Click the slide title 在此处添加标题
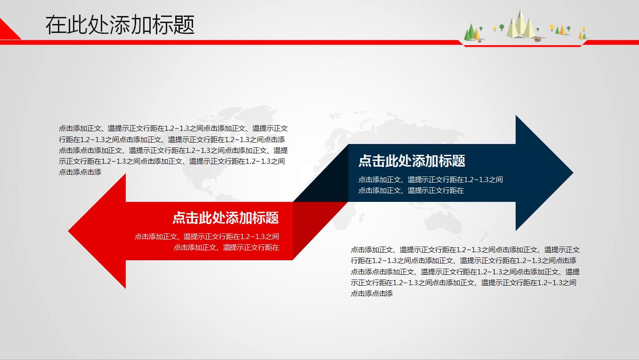click(x=120, y=25)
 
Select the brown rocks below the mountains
click(x=537, y=40)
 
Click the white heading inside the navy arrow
click(x=412, y=161)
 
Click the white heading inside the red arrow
click(x=226, y=218)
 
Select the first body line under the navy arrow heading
click(x=430, y=179)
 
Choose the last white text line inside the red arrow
click(x=226, y=247)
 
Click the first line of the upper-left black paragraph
click(x=173, y=128)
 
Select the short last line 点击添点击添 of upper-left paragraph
click(x=80, y=172)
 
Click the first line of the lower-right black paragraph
click(x=465, y=249)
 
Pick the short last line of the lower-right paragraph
click(x=372, y=293)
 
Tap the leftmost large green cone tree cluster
click(x=470, y=33)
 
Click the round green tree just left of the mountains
click(x=501, y=27)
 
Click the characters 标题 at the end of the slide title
click(x=181, y=25)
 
